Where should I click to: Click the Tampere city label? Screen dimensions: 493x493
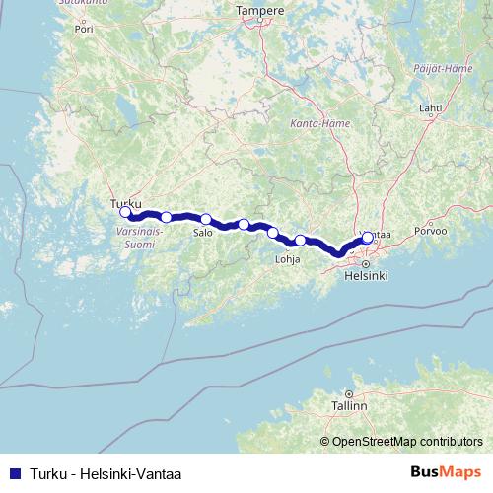point(260,11)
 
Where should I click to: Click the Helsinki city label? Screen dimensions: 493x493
point(366,277)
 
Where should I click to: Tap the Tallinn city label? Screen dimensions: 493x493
point(348,405)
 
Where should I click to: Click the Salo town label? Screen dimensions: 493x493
point(203,233)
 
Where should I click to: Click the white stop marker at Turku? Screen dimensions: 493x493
point(125,212)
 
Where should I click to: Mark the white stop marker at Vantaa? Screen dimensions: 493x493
point(368,237)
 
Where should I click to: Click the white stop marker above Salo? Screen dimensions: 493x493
point(206,220)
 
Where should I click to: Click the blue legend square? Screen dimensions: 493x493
point(14,472)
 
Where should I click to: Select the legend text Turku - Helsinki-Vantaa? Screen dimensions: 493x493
point(106,472)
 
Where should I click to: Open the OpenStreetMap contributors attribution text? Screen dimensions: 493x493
point(401,441)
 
